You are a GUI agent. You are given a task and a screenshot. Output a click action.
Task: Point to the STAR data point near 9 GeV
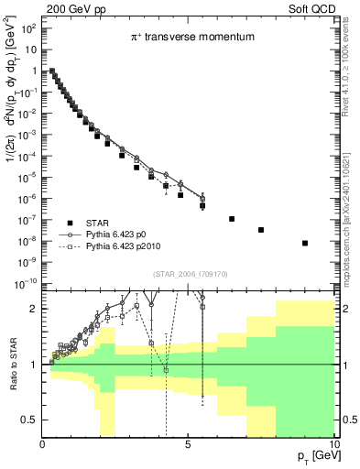pyautogui.click(x=305, y=243)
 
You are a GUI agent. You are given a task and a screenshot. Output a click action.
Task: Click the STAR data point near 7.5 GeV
pyautogui.click(x=261, y=230)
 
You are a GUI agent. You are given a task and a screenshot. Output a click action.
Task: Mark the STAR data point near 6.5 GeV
pyautogui.click(x=232, y=219)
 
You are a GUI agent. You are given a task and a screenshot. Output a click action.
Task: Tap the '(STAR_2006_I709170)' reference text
pyautogui.click(x=191, y=272)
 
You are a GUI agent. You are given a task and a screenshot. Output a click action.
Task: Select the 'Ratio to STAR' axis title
pyautogui.click(x=13, y=364)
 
